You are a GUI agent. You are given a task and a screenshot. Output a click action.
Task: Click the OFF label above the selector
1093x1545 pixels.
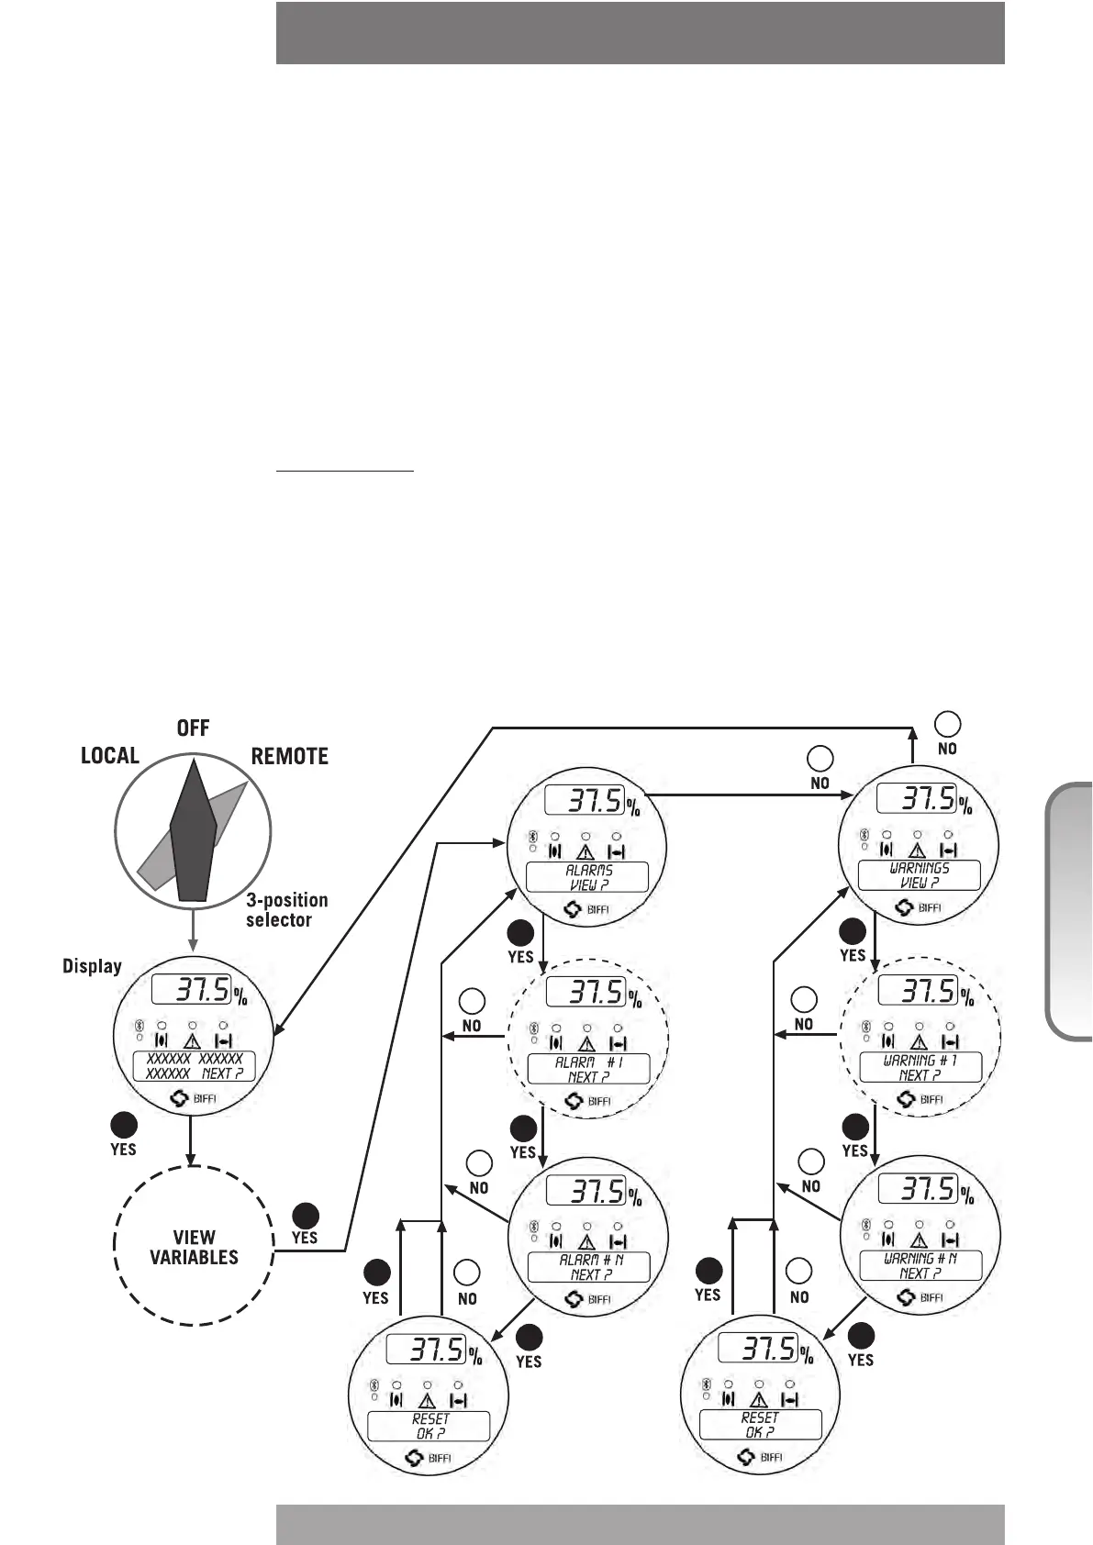point(193,728)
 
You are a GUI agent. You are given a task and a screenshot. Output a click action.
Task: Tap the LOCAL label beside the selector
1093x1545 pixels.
point(110,756)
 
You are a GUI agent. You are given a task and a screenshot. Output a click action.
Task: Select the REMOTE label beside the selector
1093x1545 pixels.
point(290,757)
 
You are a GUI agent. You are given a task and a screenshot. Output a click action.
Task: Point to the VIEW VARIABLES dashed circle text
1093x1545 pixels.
point(194,1247)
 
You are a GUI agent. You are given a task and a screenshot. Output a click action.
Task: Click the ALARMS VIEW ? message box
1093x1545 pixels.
point(587,877)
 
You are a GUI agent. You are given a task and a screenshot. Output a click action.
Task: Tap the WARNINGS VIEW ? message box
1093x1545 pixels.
point(920,875)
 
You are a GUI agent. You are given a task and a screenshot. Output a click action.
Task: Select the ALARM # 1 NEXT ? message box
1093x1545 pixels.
point(588,1069)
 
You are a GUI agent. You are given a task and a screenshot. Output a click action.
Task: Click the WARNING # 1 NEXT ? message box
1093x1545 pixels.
point(920,1067)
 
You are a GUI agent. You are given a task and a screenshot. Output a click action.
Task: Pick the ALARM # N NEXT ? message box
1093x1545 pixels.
point(588,1267)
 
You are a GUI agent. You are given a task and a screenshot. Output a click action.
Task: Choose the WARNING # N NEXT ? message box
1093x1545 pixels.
point(920,1265)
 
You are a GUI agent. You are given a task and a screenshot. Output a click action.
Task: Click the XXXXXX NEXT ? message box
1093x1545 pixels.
point(195,1066)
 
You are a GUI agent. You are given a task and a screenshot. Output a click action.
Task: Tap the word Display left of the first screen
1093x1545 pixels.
point(92,966)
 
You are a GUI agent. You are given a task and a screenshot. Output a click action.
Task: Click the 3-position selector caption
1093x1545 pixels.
point(286,910)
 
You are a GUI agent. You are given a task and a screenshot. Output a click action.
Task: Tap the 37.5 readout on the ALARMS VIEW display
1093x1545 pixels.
point(585,800)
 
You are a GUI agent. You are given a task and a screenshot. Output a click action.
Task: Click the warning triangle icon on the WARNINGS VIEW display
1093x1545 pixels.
point(917,850)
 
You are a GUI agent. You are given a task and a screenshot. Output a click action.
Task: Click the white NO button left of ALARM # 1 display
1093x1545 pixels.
point(472,1001)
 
